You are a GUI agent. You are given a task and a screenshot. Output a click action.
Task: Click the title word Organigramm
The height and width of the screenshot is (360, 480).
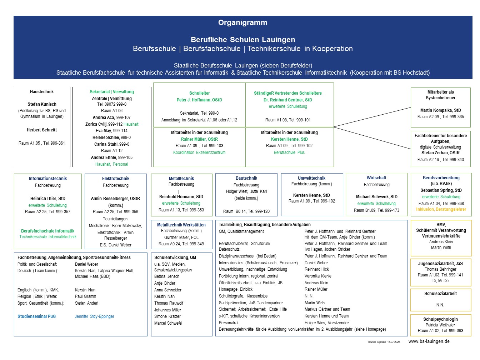[242, 22]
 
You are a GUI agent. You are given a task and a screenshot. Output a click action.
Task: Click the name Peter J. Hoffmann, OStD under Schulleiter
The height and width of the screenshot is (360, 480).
[199, 100]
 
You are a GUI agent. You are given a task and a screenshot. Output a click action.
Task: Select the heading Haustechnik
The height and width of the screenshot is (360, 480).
[42, 91]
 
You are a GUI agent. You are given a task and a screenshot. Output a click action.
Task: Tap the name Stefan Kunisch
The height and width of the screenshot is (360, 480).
[42, 104]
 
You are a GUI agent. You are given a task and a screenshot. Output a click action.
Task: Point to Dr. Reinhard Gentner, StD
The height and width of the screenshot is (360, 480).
[287, 100]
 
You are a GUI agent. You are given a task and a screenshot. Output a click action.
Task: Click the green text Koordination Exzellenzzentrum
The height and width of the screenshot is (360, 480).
[199, 152]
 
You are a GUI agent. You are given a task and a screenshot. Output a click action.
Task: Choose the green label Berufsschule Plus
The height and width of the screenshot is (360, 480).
[289, 152]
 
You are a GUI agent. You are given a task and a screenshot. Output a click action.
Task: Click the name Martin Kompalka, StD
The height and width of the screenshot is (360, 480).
[440, 110]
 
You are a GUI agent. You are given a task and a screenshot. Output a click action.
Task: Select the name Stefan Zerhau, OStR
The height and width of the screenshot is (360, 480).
[440, 153]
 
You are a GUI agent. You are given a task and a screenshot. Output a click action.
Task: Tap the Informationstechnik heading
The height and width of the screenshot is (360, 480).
[47, 178]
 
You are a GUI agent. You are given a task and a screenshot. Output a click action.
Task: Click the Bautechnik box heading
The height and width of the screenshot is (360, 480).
[246, 178]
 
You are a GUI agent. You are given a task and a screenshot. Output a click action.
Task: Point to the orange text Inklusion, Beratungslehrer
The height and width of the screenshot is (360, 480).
[441, 209]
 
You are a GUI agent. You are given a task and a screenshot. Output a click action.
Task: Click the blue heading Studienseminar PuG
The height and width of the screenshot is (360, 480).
[36, 316]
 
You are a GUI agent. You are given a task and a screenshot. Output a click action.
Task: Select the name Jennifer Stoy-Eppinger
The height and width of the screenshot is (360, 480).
[95, 316]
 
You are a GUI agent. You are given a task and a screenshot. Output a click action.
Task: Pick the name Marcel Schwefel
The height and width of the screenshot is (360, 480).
[168, 323]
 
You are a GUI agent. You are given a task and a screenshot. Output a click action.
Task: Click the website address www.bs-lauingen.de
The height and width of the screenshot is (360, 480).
[429, 341]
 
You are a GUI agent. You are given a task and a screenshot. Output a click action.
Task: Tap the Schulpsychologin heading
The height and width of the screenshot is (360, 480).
[440, 319]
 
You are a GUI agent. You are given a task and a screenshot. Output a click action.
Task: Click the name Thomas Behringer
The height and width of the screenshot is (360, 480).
[440, 269]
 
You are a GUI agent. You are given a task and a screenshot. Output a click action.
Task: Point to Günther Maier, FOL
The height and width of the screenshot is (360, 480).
[181, 237]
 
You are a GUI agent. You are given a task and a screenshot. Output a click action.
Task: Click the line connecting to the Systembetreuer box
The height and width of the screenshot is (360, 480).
[372, 117]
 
